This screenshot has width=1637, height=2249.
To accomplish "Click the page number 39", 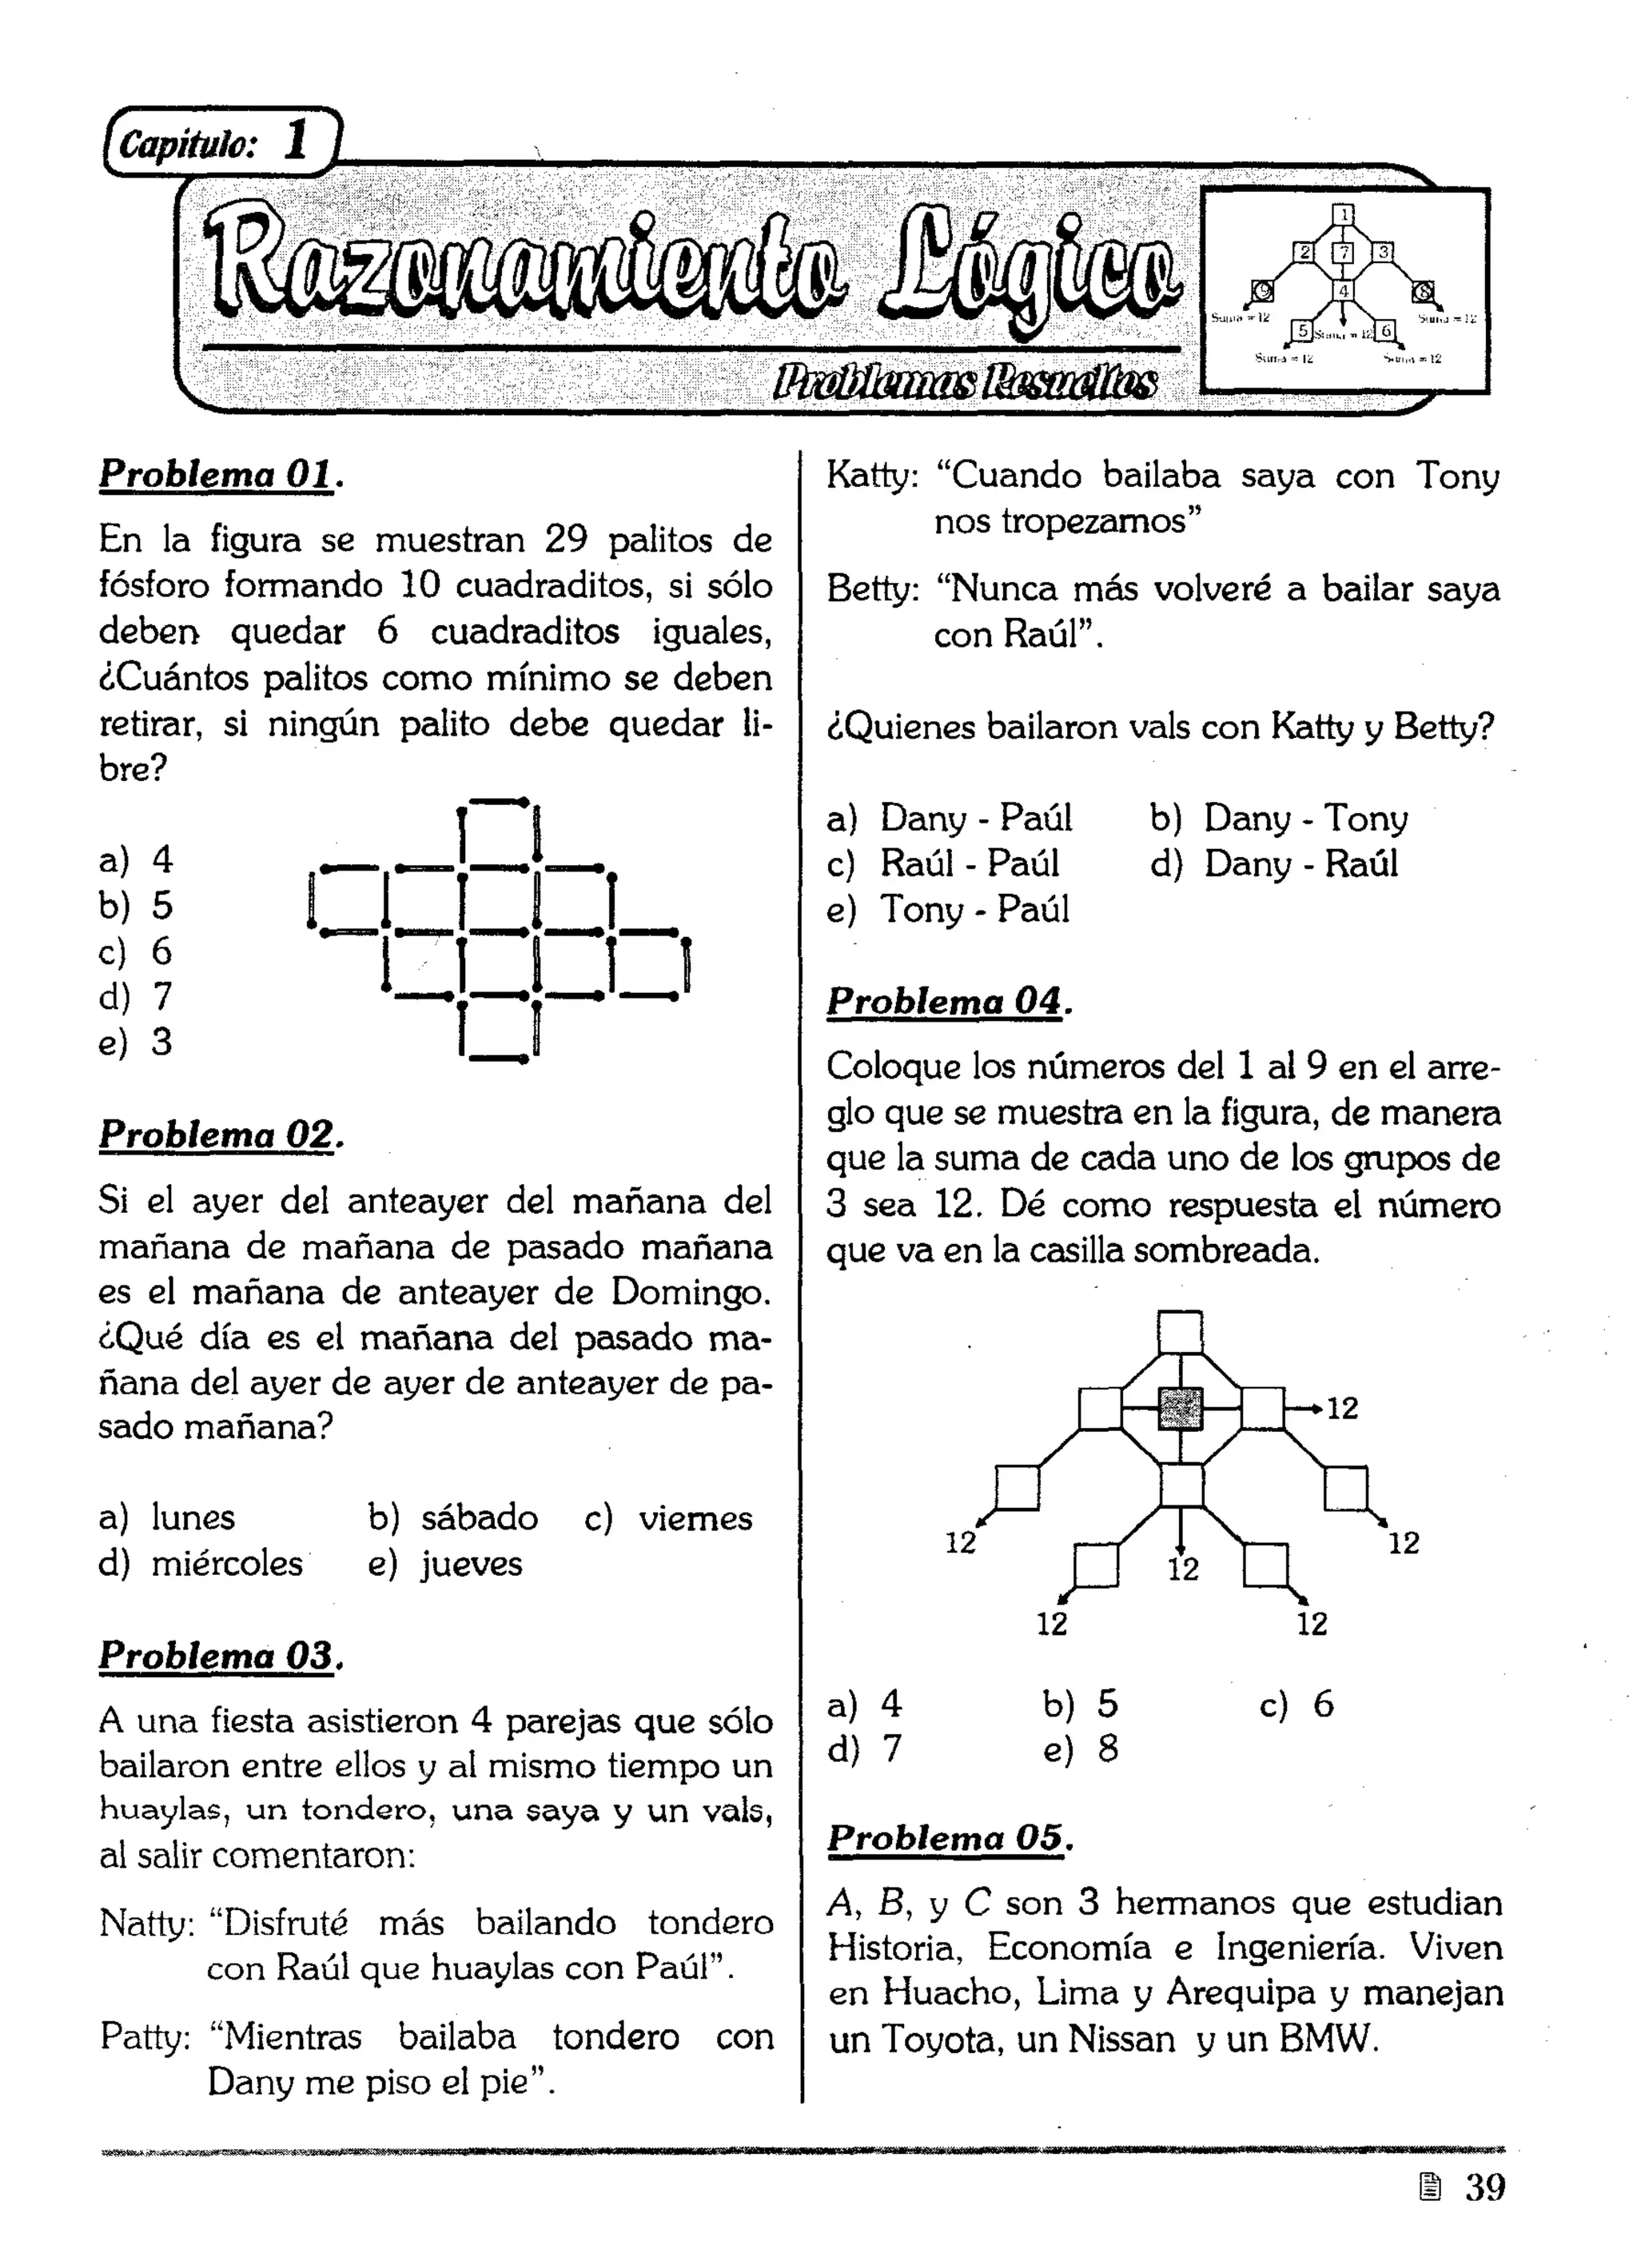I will [1484, 2187].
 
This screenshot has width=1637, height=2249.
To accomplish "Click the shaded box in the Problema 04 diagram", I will [1180, 1408].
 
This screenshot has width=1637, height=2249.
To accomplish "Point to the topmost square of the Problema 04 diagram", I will [1180, 1333].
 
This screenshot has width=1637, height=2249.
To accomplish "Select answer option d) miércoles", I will [201, 1564].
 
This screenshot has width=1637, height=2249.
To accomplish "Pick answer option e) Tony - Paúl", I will [949, 909].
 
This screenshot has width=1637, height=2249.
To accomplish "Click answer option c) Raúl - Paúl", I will [944, 863].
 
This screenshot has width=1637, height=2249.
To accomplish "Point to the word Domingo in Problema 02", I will [688, 1292].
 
